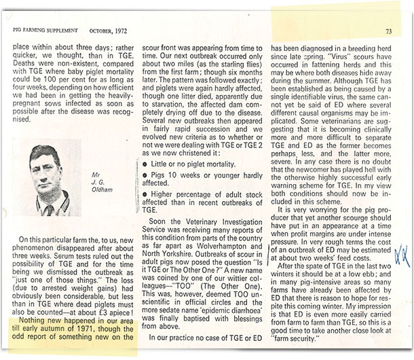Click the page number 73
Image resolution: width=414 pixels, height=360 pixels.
pos(388,31)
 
